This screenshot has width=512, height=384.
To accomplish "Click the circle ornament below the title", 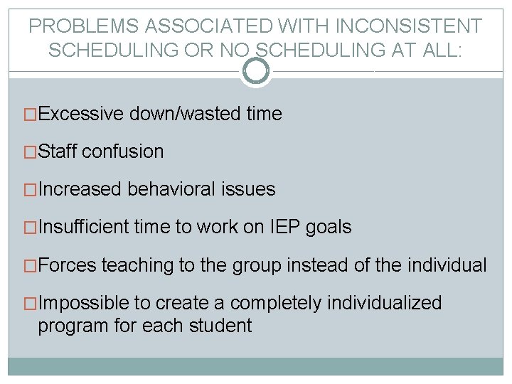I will coord(256,70).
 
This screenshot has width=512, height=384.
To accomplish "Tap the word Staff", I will coord(58,151).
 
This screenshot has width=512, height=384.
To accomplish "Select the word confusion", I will coord(123,151).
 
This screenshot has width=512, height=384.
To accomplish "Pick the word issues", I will coord(250,189).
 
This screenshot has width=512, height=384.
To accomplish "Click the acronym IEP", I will coord(284,228).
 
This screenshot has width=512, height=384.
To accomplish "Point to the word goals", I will coord(329,228).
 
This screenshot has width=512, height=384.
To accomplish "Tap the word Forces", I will coord(67,265).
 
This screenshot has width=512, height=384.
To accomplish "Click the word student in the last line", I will coord(223,326).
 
